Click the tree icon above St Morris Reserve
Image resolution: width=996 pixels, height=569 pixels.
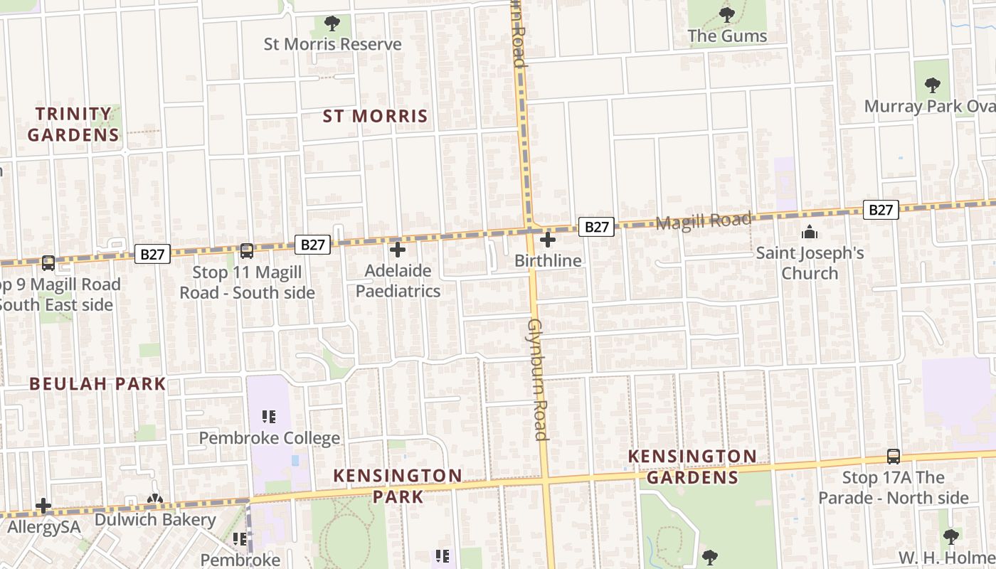pyautogui.click(x=332, y=23)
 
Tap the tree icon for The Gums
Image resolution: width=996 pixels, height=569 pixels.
pyautogui.click(x=726, y=14)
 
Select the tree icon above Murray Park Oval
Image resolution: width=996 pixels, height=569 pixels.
pyautogui.click(x=933, y=85)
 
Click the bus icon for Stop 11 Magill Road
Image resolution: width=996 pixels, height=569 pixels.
pyautogui.click(x=247, y=251)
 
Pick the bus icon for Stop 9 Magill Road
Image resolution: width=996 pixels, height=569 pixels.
pyautogui.click(x=48, y=263)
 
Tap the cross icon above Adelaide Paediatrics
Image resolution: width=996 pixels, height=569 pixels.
pyautogui.click(x=398, y=250)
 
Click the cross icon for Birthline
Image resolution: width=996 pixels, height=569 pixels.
pyautogui.click(x=548, y=240)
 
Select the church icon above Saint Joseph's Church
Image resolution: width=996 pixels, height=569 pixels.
pyautogui.click(x=810, y=232)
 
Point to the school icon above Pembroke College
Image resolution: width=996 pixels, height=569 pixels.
pyautogui.click(x=268, y=417)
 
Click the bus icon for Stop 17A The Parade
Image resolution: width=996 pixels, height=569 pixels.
pyautogui.click(x=894, y=457)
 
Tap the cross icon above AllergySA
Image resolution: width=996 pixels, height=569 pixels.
pyautogui.click(x=43, y=506)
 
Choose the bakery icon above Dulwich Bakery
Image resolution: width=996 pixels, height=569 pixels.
pyautogui.click(x=155, y=500)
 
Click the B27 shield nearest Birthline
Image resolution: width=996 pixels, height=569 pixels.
pyautogui.click(x=596, y=227)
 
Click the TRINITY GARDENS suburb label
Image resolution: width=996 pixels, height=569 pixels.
pyautogui.click(x=73, y=124)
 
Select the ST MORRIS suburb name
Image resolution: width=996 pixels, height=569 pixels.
pyautogui.click(x=375, y=116)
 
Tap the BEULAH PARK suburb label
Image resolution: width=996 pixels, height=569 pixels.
pyautogui.click(x=97, y=384)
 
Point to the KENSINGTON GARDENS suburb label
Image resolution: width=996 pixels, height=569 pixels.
pyautogui.click(x=692, y=467)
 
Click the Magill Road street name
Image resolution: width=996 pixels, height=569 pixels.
pyautogui.click(x=703, y=220)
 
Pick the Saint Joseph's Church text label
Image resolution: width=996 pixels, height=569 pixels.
pyautogui.click(x=810, y=263)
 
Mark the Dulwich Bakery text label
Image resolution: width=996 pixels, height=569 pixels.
pyautogui.click(x=155, y=520)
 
